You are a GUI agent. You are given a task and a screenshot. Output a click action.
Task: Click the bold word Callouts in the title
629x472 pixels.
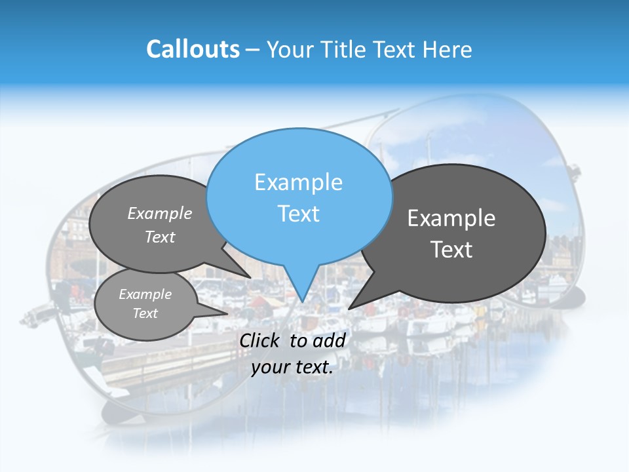(193, 49)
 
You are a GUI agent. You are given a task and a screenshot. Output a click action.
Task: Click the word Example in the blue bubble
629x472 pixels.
(299, 182)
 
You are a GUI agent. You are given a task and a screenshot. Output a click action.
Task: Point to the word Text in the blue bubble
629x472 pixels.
(299, 214)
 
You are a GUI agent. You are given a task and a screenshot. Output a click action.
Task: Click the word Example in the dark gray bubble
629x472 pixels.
(451, 218)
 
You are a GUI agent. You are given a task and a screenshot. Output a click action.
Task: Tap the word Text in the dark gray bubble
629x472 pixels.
(451, 250)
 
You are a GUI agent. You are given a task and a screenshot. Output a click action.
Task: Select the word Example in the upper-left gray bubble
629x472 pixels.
(160, 213)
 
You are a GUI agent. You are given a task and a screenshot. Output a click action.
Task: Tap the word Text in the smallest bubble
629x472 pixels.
(145, 313)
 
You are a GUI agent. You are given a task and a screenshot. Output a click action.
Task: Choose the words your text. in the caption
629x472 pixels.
(292, 367)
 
